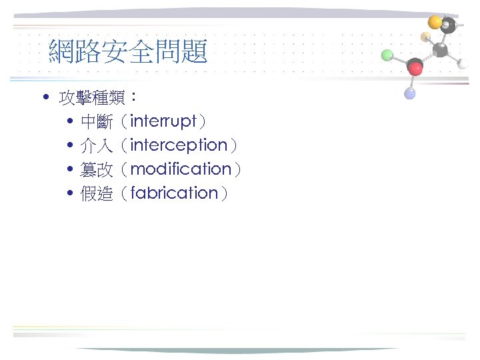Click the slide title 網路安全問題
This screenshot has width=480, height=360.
click(x=128, y=51)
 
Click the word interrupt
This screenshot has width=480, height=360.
click(x=163, y=121)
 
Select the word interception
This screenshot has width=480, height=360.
click(x=179, y=145)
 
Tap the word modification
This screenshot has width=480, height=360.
click(x=181, y=169)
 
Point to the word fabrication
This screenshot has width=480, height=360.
click(x=175, y=193)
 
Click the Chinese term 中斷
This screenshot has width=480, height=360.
click(x=96, y=122)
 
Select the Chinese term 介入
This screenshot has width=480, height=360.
click(x=96, y=146)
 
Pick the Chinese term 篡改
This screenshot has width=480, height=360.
click(x=96, y=170)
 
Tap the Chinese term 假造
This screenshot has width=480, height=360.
click(x=96, y=194)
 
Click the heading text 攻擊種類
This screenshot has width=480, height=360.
click(x=93, y=99)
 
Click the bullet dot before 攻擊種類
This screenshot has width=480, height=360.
click(x=45, y=99)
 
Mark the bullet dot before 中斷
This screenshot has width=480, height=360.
click(x=70, y=122)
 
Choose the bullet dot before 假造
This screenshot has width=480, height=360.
click(x=70, y=194)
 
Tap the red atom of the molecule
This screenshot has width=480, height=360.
click(x=415, y=67)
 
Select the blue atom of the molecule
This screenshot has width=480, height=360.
click(x=410, y=94)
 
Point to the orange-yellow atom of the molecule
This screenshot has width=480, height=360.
click(x=435, y=22)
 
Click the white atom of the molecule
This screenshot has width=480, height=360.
click(x=463, y=63)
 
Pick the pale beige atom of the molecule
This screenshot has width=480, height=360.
click(x=425, y=36)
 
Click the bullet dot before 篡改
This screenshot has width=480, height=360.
click(x=70, y=170)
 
